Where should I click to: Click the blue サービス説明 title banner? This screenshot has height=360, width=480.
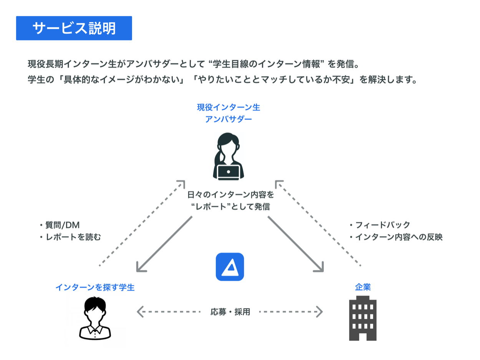coord(74,28)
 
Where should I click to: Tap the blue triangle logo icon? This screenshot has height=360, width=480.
coord(230,267)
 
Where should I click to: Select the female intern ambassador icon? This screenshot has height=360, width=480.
coord(228,156)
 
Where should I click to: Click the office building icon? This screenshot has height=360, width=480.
coord(362,318)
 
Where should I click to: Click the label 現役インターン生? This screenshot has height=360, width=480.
coord(228,107)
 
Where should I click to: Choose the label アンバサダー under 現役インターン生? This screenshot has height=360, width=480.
coord(228,119)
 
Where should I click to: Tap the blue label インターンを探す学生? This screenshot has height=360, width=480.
coord(95,287)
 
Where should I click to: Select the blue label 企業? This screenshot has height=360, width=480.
coord(363,287)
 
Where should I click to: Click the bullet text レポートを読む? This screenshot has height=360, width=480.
coord(72,237)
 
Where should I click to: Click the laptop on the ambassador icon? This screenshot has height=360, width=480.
coord(228,172)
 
